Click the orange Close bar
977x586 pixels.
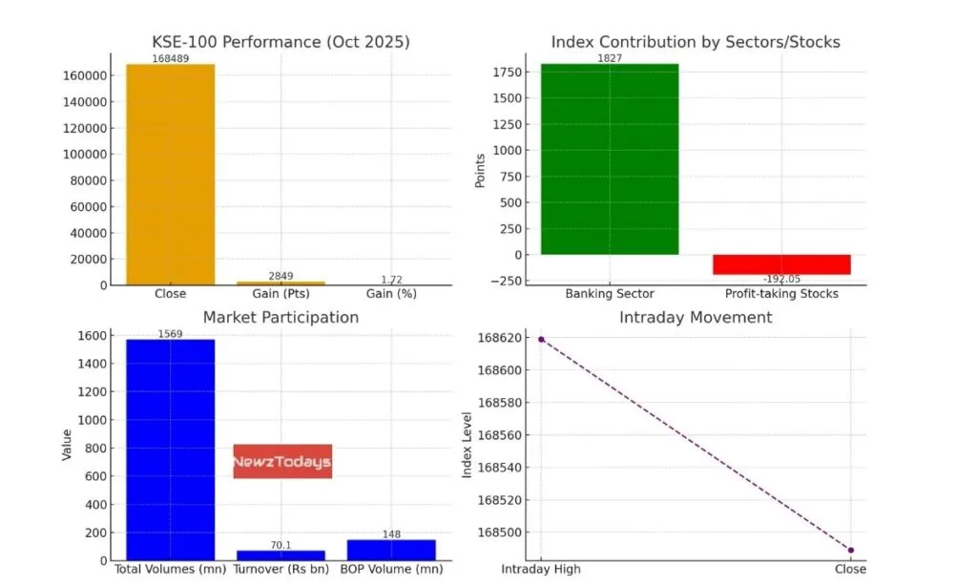171,175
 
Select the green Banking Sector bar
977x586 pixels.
610,159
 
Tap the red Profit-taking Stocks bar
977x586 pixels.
781,264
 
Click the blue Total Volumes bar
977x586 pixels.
171,450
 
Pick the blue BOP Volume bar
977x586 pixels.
391,550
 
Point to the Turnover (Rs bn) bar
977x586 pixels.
281,555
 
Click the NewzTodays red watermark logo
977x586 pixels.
282,462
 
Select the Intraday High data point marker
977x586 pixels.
541,339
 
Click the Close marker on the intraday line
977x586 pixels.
850,550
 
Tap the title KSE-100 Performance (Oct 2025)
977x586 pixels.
281,42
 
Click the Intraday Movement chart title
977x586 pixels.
696,317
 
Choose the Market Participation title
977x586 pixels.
281,317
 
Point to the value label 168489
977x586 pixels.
171,58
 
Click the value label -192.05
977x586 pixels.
781,280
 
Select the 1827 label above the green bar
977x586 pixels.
610,58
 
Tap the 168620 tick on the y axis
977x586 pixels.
503,338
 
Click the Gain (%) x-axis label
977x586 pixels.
391,294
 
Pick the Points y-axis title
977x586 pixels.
480,170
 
